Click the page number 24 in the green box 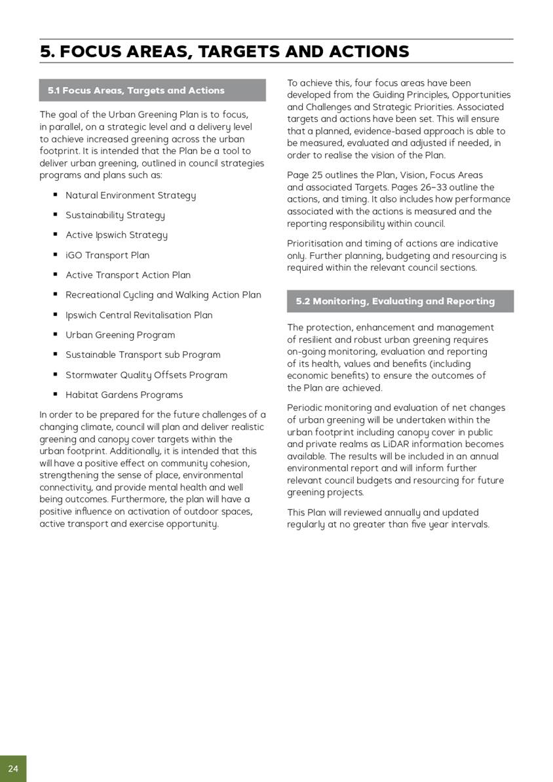click(x=13, y=768)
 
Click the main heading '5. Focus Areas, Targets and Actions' click(x=224, y=52)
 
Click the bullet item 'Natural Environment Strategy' click(x=130, y=195)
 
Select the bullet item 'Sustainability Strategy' click(x=115, y=215)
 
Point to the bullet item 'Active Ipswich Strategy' click(x=116, y=235)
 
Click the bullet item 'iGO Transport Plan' click(x=107, y=255)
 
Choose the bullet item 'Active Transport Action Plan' click(x=128, y=275)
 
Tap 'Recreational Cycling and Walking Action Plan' click(x=163, y=295)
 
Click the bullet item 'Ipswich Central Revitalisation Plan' click(x=139, y=315)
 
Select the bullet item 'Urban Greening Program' click(x=120, y=335)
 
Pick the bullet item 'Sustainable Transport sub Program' click(x=143, y=355)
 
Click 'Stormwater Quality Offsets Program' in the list click(x=146, y=375)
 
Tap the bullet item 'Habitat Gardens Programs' click(x=124, y=395)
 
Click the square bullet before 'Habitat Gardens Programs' click(x=56, y=395)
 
